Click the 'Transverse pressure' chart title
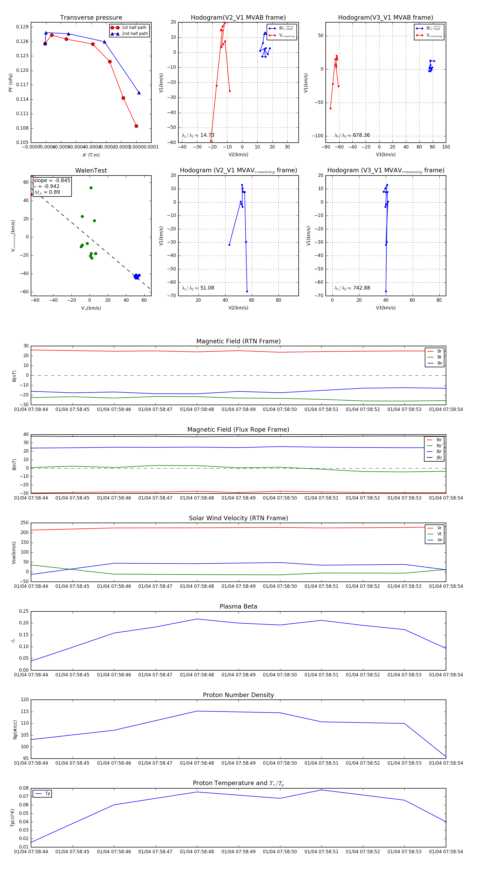pos(91,18)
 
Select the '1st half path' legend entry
pos(134,28)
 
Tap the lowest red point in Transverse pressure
pos(136,126)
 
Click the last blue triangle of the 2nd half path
pos(139,93)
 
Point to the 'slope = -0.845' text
pos(52,180)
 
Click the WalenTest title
pos(91,170)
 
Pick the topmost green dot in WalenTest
pos(91,188)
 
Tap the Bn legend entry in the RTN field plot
pos(439,363)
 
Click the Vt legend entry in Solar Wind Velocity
pos(439,534)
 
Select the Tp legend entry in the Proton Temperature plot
pos(47,794)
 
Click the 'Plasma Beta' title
pos(238,606)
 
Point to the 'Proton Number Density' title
pos(238,695)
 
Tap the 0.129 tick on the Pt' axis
pos(23,27)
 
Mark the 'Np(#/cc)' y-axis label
pos(15,729)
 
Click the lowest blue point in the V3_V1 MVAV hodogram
pos(386,291)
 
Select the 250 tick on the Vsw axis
pos(24,523)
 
